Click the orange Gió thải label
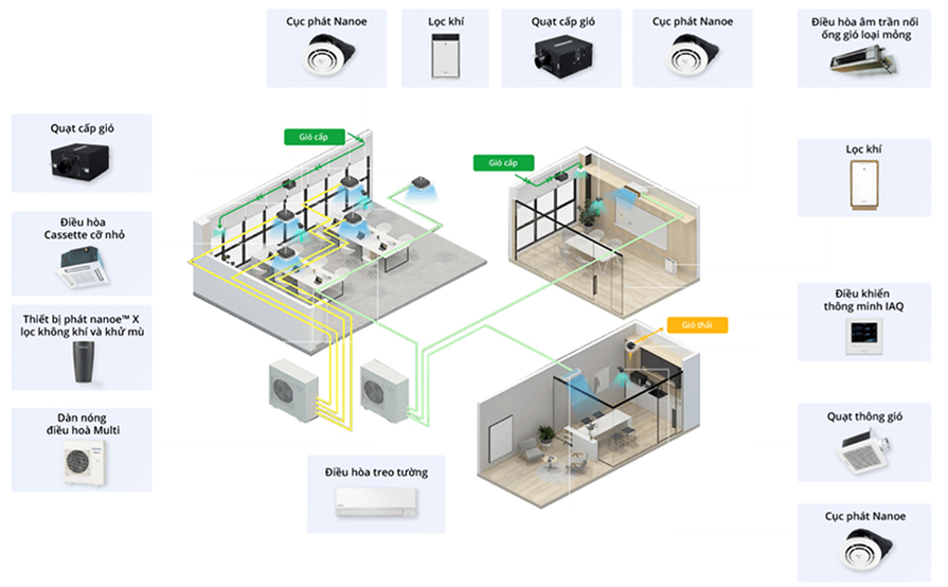[696, 325]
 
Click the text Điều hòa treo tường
[376, 473]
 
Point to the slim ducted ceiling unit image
[863, 61]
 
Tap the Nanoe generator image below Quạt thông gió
[863, 553]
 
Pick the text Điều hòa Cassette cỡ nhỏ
[82, 228]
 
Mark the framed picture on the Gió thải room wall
[501, 430]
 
